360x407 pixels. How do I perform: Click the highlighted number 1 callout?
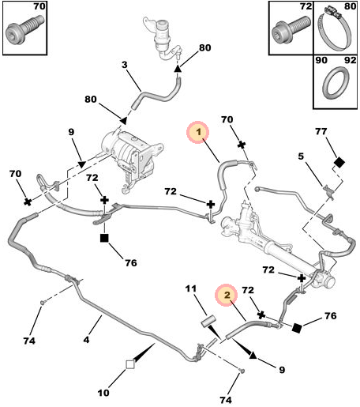198,132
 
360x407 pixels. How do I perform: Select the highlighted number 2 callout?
227,295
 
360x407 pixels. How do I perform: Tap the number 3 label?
125,65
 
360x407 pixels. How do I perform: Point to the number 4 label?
86,340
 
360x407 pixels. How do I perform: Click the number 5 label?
301,156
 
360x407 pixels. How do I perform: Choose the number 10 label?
103,393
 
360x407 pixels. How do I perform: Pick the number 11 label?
190,288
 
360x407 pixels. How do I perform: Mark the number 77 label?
321,131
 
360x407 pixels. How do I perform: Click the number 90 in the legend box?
321,60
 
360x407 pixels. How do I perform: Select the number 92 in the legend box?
351,60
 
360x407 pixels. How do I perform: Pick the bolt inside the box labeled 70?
24,28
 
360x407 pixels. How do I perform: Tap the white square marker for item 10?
130,364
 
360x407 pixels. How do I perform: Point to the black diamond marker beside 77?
339,162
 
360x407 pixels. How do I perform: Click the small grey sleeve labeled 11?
208,322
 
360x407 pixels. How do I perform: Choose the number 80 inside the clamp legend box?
351,6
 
